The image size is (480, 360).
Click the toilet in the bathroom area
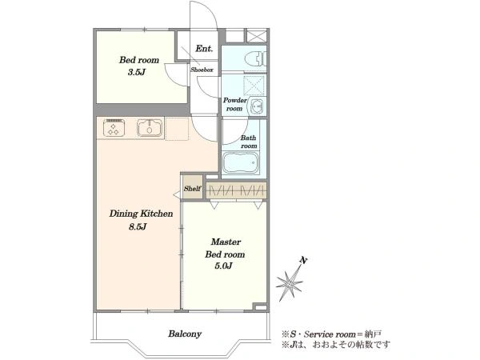pyautogui.click(x=256, y=58)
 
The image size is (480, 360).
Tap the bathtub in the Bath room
pyautogui.click(x=241, y=162)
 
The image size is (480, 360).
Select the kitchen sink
pyautogui.click(x=150, y=128)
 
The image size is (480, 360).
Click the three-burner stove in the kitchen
pyautogui.click(x=114, y=127)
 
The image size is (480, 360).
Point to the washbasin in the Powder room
pyautogui.click(x=258, y=106)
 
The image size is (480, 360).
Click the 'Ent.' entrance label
pyautogui.click(x=204, y=48)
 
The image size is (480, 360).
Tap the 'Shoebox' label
pyautogui.click(x=202, y=70)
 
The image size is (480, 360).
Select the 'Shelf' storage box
pyautogui.click(x=192, y=187)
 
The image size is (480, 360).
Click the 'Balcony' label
pyautogui.click(x=185, y=334)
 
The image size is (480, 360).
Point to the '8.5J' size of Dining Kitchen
pyautogui.click(x=138, y=227)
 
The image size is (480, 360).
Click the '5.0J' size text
pyautogui.click(x=223, y=266)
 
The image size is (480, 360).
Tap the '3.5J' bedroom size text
pyautogui.click(x=137, y=72)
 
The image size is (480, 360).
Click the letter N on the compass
pyautogui.click(x=303, y=261)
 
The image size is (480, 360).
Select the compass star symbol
pyautogui.click(x=290, y=283)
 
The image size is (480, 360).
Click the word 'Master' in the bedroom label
pyautogui.click(x=226, y=242)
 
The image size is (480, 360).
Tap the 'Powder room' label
pyautogui.click(x=234, y=104)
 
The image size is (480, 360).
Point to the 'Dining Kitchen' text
pyautogui.click(x=141, y=214)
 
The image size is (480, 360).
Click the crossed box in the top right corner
pyautogui.click(x=257, y=36)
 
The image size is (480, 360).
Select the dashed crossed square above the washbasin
pyautogui.click(x=254, y=85)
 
